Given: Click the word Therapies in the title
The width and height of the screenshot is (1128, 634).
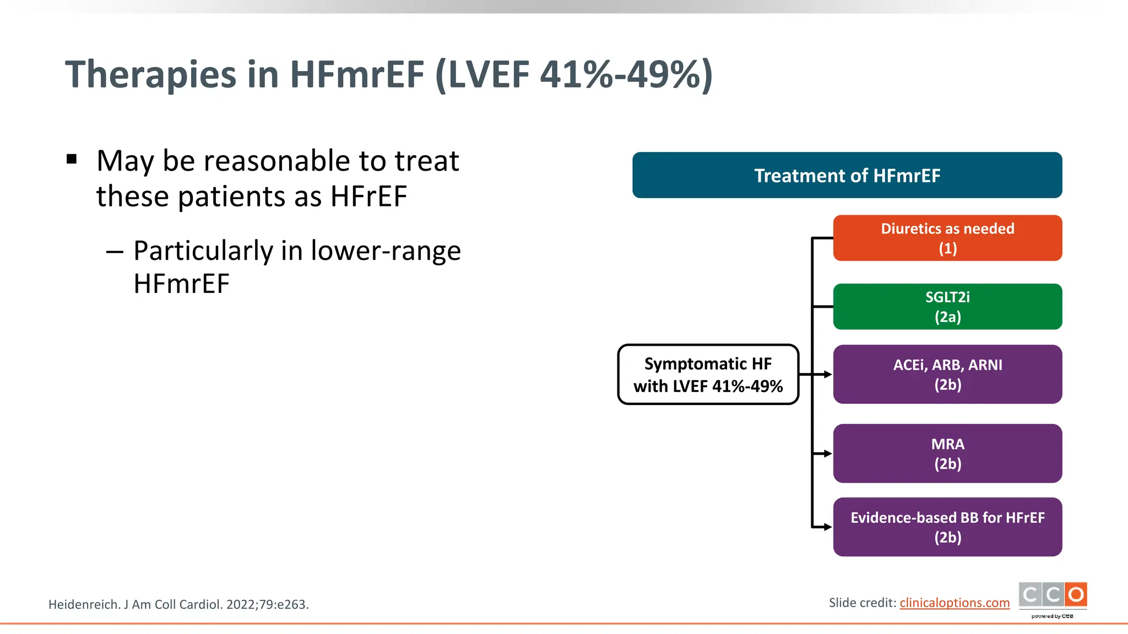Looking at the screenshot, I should click(151, 75).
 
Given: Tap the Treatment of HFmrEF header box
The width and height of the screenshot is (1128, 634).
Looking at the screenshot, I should click(847, 175).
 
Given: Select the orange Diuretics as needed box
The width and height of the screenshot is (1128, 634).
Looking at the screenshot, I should click(947, 238).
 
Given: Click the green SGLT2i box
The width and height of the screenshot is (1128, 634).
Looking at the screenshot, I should click(947, 307).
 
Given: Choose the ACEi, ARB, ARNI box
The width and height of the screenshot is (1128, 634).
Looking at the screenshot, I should click(947, 374).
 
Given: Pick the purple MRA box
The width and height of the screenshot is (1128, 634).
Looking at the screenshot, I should click(947, 453).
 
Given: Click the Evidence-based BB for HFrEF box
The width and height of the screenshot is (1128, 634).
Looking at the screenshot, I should click(947, 527).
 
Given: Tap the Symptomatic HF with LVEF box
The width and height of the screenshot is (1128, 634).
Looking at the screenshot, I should click(708, 374).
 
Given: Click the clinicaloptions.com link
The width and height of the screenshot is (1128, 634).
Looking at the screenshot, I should click(954, 603).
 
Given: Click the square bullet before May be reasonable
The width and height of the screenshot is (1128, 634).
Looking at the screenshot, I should click(72, 160).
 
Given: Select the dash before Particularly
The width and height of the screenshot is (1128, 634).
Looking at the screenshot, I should click(115, 252).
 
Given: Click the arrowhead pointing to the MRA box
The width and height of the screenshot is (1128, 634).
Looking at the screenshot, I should click(827, 453).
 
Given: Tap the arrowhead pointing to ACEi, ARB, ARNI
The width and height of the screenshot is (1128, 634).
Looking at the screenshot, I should click(827, 374).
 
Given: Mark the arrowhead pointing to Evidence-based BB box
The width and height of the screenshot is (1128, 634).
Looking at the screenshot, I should click(827, 527).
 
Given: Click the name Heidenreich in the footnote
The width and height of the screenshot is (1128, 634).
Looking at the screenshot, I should click(84, 604).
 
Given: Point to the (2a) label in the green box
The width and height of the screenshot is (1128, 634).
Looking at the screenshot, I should click(947, 317).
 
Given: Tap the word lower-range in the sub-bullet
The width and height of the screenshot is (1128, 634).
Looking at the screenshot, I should click(386, 251).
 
